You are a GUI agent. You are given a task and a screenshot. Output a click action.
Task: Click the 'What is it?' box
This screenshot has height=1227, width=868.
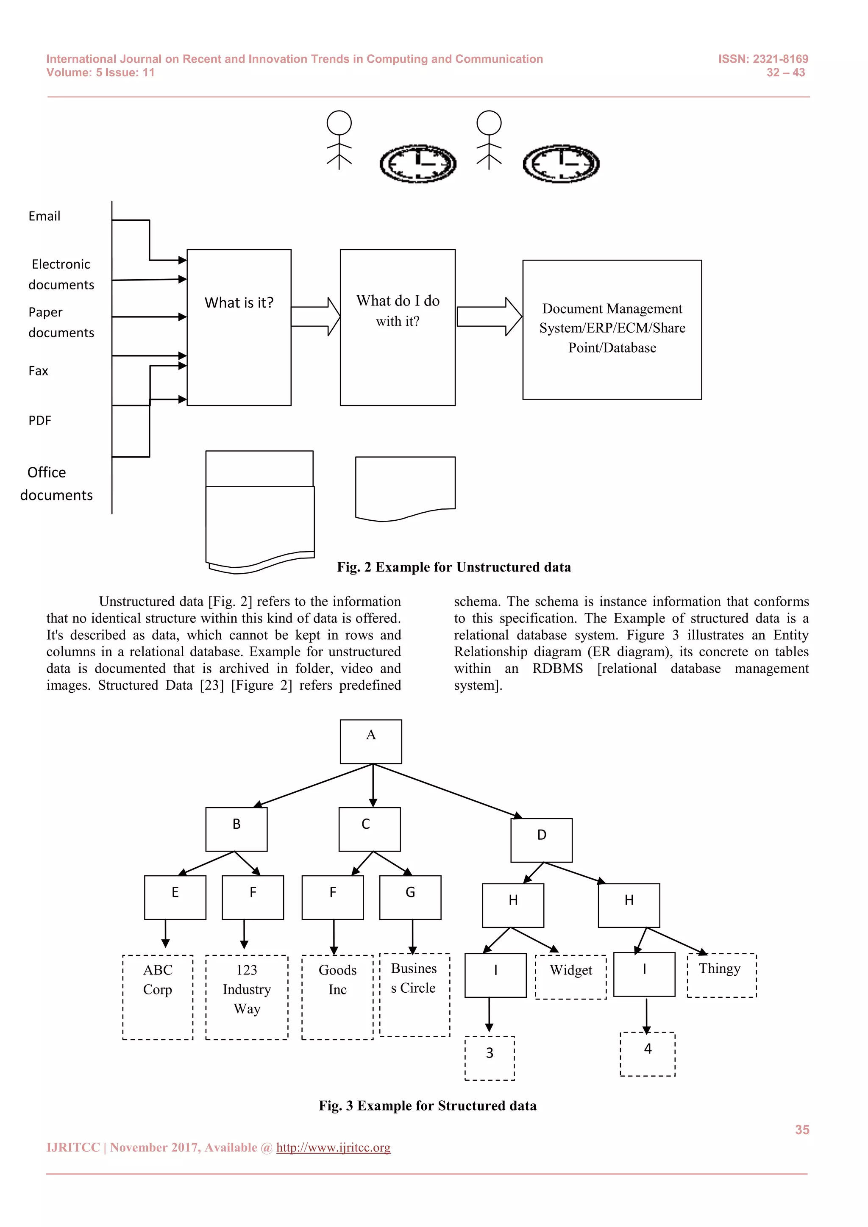[x=239, y=327]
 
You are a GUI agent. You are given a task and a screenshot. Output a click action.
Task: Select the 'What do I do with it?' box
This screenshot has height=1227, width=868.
[x=398, y=327]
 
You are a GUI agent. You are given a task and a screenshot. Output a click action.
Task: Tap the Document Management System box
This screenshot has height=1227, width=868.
[x=612, y=329]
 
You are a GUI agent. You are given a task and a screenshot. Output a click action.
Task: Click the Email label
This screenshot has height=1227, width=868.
[x=45, y=217]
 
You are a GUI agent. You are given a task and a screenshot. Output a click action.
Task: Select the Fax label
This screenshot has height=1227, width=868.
[x=39, y=371]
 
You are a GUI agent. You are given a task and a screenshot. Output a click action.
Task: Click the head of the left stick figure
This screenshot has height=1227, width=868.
[x=339, y=123]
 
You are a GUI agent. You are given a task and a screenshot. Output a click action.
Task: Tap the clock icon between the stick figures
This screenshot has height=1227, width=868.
[x=417, y=164]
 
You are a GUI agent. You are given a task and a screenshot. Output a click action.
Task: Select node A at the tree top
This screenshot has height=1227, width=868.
[x=371, y=741]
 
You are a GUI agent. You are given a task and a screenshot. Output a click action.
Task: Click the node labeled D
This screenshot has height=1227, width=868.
[x=541, y=840]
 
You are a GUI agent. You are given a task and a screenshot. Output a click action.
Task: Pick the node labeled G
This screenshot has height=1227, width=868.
[x=410, y=897]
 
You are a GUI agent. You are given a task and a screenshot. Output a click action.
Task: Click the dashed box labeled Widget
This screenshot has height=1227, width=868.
[x=571, y=977]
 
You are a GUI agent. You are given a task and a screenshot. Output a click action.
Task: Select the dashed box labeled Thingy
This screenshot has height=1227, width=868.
[x=721, y=975]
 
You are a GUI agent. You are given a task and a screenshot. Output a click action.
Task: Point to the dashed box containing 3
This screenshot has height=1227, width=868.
[x=490, y=1058]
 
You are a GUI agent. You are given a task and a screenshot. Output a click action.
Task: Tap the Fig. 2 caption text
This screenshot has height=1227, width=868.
[x=454, y=567]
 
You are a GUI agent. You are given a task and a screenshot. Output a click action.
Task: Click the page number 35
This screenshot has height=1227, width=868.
[x=802, y=1130]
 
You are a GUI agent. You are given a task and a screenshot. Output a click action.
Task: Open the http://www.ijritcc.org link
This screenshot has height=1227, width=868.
[x=333, y=1147]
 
